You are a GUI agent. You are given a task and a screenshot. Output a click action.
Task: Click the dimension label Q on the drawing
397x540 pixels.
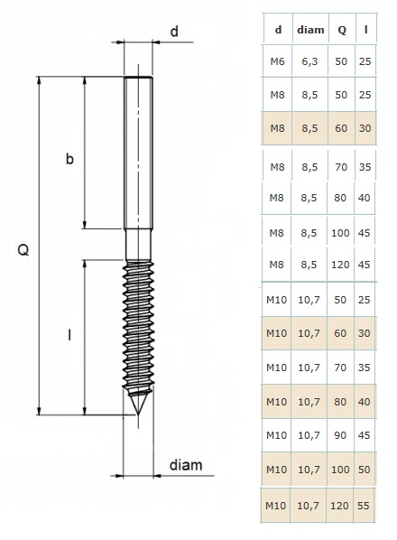23,249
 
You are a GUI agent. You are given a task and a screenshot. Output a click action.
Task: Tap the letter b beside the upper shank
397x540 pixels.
69,159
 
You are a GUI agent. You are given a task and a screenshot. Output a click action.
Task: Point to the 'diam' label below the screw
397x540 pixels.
186,465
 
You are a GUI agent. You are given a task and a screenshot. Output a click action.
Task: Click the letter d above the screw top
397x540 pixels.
174,32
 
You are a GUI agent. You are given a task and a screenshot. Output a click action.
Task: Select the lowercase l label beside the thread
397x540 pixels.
69,334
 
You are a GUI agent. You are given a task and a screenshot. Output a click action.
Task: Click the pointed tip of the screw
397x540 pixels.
138,414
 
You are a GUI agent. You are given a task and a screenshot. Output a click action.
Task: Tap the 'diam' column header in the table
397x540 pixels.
310,30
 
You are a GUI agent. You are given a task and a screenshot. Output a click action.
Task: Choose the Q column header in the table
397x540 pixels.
342,31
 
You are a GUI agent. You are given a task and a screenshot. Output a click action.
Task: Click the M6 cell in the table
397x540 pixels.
277,61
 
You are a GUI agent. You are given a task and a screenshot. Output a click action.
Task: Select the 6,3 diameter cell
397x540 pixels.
309,62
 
